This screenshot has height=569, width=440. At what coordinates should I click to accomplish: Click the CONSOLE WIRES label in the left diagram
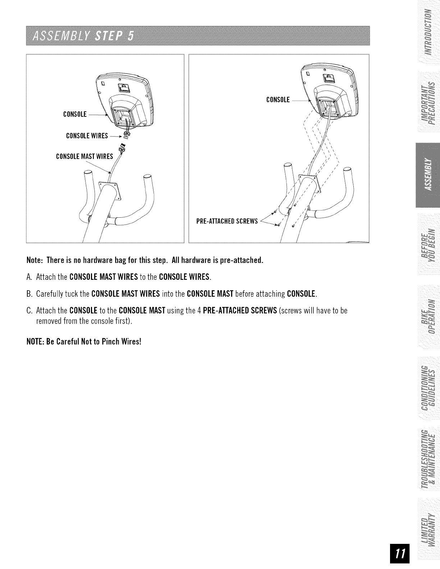[87, 136]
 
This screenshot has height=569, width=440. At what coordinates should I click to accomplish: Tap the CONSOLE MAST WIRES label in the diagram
[84, 157]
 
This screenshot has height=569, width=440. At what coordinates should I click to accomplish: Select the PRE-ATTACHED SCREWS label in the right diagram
[227, 221]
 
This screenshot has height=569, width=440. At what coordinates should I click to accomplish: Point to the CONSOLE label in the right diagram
[278, 100]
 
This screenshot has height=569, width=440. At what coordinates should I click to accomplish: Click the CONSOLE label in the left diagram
[75, 115]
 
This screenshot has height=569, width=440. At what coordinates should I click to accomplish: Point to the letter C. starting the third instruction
[29, 310]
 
